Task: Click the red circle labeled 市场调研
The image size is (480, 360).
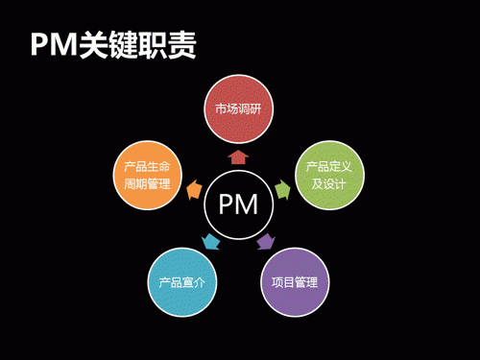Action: pyautogui.click(x=239, y=108)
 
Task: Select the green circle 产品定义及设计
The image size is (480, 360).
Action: pyautogui.click(x=329, y=175)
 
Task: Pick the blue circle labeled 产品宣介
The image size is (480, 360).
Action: pyautogui.click(x=182, y=282)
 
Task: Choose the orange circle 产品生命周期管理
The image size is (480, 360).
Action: pyautogui.click(x=147, y=175)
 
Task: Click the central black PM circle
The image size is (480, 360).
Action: pyautogui.click(x=239, y=204)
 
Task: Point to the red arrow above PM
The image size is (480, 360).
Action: pyautogui.click(x=239, y=155)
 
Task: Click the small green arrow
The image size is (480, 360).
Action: pyautogui.click(x=282, y=188)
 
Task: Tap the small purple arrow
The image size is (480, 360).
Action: pyautogui.click(x=267, y=241)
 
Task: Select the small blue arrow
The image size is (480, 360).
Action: pyautogui.click(x=210, y=241)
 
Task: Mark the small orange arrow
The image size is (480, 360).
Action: pyautogui.click(x=195, y=188)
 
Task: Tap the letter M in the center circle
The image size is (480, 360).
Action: pyautogui.click(x=249, y=204)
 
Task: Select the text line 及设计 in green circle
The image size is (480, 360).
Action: pyautogui.click(x=329, y=183)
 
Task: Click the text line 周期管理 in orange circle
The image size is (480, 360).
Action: pyautogui.click(x=147, y=183)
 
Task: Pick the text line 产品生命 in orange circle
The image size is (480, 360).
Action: pyautogui.click(x=147, y=166)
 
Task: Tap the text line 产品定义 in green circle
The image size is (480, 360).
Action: pyautogui.click(x=329, y=166)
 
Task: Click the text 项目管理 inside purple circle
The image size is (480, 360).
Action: pyautogui.click(x=295, y=282)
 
